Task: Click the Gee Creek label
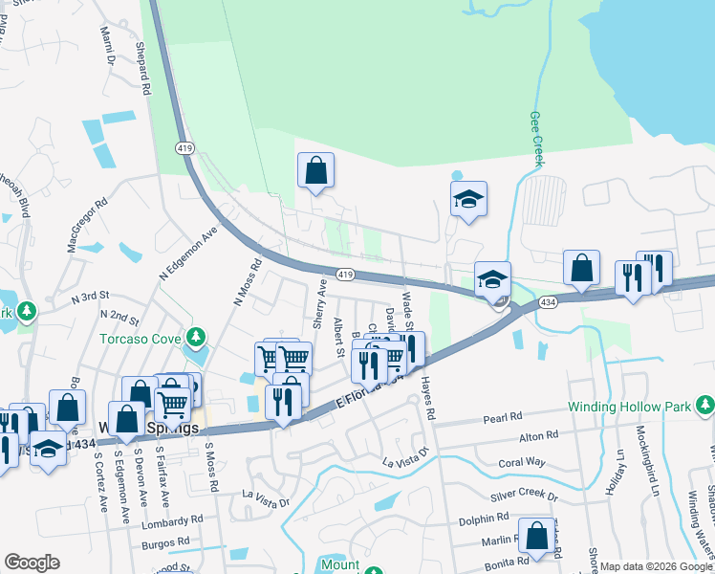tap(535, 140)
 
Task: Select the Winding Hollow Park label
tap(628, 407)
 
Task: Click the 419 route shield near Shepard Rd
tap(184, 147)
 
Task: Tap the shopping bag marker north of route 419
tap(315, 172)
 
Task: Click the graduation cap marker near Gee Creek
tap(468, 200)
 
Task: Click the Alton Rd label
tap(538, 437)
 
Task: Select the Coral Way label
tap(521, 463)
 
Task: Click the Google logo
tap(32, 563)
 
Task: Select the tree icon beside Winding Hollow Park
tap(704, 407)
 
